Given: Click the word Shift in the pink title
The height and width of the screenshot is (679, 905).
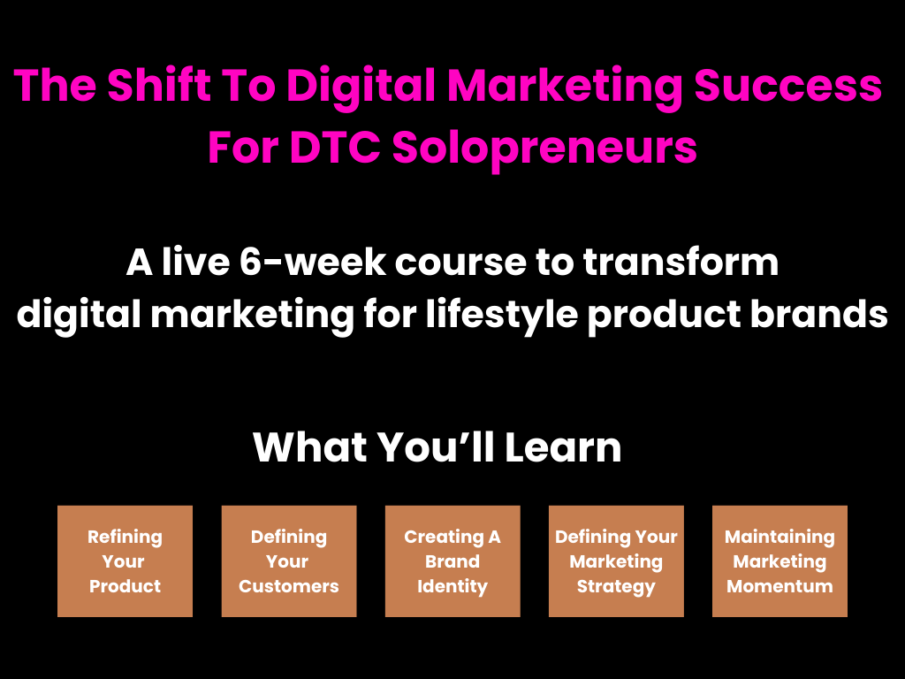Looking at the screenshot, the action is point(158,85).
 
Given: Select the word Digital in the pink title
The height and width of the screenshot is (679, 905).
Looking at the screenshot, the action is point(361,87).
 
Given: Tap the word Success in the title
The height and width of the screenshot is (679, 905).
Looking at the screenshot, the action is point(787,86).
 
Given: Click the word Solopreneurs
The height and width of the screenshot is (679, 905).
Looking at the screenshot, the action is point(544,149).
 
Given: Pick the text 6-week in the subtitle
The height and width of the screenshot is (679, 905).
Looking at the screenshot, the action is point(312,262).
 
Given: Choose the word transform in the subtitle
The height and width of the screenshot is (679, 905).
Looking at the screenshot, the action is point(681,262).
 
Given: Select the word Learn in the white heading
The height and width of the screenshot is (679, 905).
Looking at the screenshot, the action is point(563,446).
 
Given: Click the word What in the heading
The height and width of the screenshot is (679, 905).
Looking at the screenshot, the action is point(310,446).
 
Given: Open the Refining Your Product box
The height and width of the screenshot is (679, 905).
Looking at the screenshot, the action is point(125,561).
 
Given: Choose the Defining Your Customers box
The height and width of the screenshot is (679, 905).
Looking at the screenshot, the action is point(289,561).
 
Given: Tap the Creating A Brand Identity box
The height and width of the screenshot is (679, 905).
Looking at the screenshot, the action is point(452,561).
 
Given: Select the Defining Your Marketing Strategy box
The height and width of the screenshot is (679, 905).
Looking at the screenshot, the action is point(616,561).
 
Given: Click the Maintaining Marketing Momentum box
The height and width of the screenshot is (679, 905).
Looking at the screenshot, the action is point(780,561).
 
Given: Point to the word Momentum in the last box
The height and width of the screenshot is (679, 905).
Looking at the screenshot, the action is point(780,586).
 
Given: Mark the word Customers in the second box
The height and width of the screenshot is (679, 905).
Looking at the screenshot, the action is point(289,586).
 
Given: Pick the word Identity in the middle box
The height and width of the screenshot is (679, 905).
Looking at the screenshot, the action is point(452,587).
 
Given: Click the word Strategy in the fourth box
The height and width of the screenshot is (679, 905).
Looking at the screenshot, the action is point(616,587).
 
